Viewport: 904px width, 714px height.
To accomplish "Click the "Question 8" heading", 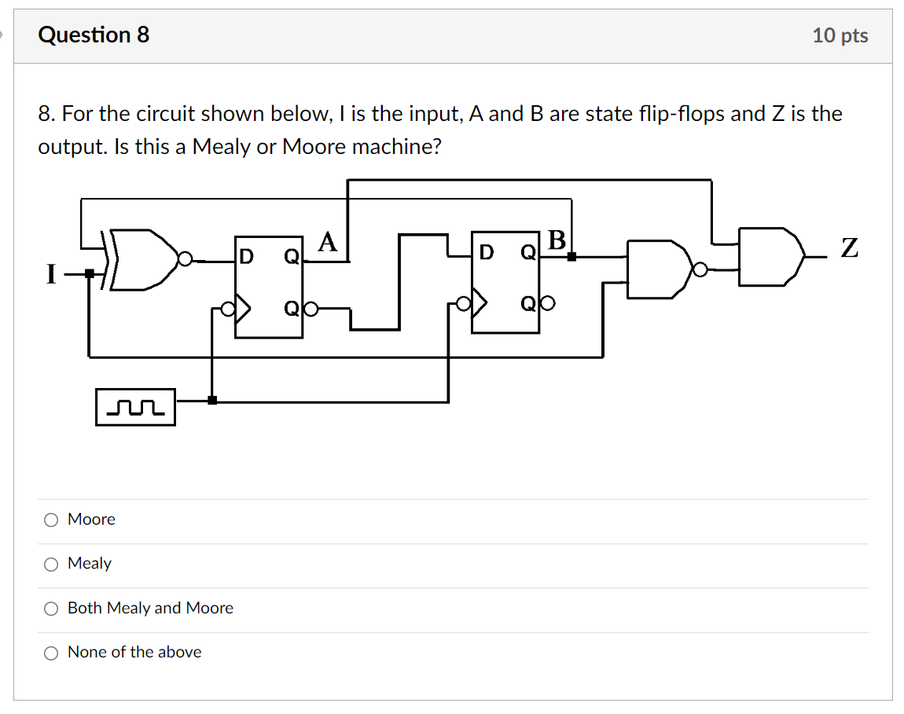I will pyautogui.click(x=94, y=35).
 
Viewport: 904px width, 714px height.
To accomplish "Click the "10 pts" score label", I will pyautogui.click(x=840, y=35).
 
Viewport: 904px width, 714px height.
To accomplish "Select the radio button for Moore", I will pyautogui.click(x=51, y=519).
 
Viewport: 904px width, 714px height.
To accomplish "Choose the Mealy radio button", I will pyautogui.click(x=51, y=564).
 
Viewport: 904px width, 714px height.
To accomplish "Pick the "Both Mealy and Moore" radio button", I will pyautogui.click(x=51, y=608).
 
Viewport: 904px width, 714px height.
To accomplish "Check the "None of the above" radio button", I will pyautogui.click(x=51, y=652).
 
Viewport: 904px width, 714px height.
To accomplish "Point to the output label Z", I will pyautogui.click(x=849, y=250).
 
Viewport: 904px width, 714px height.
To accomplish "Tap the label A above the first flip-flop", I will pyautogui.click(x=327, y=242).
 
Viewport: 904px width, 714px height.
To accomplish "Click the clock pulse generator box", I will pyautogui.click(x=135, y=407).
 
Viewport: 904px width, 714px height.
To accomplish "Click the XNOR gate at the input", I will pyautogui.click(x=145, y=259).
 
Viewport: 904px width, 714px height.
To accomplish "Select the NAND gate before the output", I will pyautogui.click(x=656, y=269).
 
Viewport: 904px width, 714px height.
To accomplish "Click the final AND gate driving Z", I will pyautogui.click(x=771, y=256).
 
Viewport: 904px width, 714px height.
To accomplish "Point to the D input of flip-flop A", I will pyautogui.click(x=247, y=256).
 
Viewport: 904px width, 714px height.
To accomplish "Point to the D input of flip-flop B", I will pyautogui.click(x=487, y=252).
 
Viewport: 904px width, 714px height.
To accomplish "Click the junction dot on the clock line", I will pyautogui.click(x=211, y=401).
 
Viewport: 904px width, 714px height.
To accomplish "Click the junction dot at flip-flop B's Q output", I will pyautogui.click(x=571, y=256).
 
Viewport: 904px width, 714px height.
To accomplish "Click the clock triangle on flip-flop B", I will pyautogui.click(x=479, y=303).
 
